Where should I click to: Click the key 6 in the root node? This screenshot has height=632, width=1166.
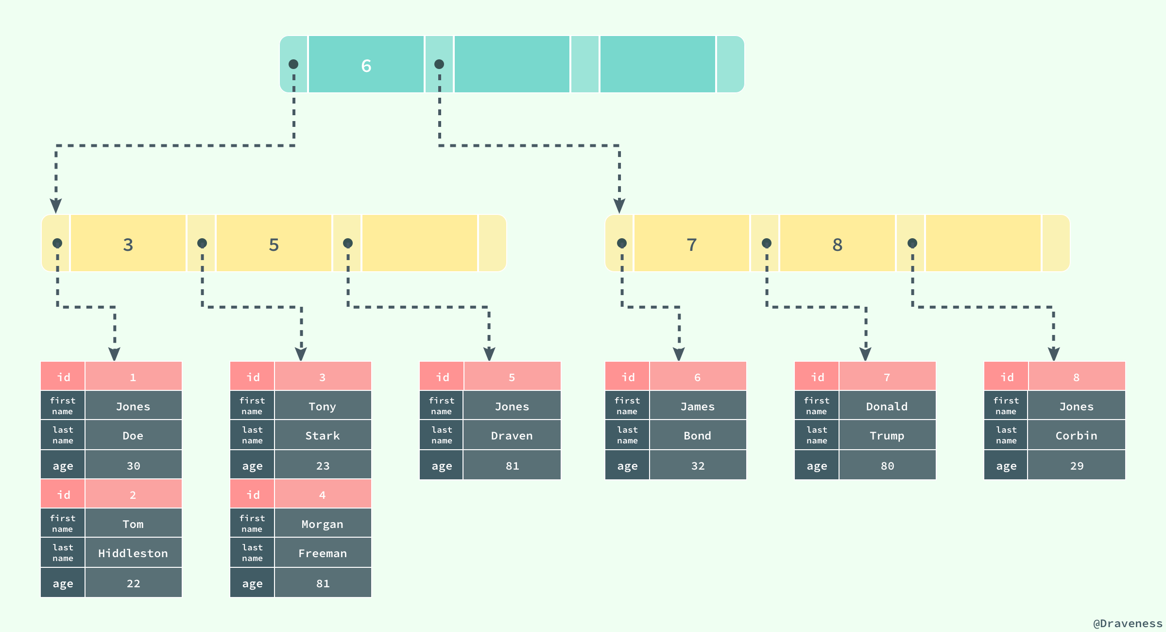click(x=366, y=65)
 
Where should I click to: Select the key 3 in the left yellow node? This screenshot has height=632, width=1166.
click(x=128, y=245)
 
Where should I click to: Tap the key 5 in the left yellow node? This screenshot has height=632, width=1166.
click(x=274, y=245)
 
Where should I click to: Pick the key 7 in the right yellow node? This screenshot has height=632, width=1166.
click(x=692, y=245)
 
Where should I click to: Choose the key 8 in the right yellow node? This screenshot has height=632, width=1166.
click(x=838, y=245)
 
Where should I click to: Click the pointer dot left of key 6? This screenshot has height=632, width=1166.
click(x=293, y=64)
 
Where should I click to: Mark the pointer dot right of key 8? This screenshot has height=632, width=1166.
click(x=912, y=243)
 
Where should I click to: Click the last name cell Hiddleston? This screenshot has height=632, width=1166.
click(x=133, y=553)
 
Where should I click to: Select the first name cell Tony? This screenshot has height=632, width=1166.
click(x=323, y=406)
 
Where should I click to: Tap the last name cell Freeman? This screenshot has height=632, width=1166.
click(x=323, y=553)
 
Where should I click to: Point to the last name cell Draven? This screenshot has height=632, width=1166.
click(x=512, y=436)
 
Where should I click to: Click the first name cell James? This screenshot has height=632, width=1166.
click(x=698, y=406)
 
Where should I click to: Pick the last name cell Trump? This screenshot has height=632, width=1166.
click(x=887, y=436)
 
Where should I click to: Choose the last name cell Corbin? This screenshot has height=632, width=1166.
click(x=1077, y=436)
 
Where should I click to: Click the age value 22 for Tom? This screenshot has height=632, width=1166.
click(x=133, y=583)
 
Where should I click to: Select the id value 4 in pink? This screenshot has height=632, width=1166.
click(x=323, y=495)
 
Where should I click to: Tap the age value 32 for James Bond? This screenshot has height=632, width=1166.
click(x=698, y=466)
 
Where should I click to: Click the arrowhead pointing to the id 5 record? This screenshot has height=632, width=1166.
click(x=489, y=353)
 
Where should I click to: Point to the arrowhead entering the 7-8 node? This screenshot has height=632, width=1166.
click(x=619, y=206)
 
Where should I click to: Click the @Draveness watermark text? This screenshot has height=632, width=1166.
click(x=1127, y=623)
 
